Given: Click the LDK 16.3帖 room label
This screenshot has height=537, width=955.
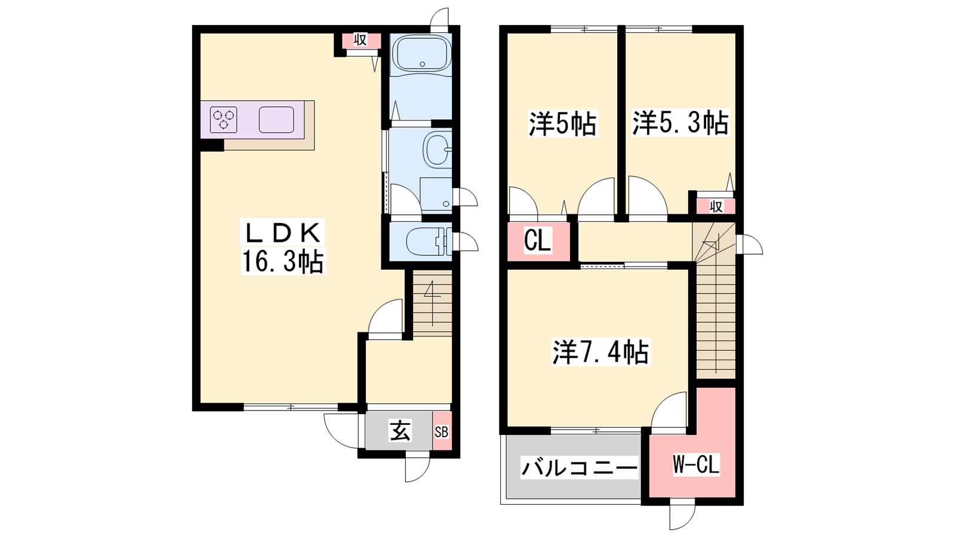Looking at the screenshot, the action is (x=283, y=247).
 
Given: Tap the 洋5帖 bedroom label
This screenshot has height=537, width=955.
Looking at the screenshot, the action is (x=563, y=124).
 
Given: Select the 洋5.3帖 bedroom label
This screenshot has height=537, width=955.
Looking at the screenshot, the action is (x=680, y=123).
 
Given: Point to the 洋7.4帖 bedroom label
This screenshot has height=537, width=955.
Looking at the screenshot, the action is (x=600, y=352).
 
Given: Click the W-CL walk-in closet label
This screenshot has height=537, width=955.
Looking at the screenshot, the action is (x=696, y=464).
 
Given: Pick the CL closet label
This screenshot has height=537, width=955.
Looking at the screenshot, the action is (x=537, y=240).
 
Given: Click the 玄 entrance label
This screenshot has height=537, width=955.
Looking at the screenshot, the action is (x=400, y=430).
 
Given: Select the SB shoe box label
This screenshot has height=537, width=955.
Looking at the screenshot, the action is (x=442, y=432).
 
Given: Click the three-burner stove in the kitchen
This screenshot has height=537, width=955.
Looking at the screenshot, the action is (x=224, y=119).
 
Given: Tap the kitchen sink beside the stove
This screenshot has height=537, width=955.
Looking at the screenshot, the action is (x=277, y=119).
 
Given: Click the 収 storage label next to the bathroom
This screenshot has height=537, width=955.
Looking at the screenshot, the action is (x=361, y=41).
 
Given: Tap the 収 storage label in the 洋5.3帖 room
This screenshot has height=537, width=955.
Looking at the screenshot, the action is (x=716, y=206).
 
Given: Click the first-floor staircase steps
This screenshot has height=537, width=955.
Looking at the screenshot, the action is (x=433, y=304).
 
